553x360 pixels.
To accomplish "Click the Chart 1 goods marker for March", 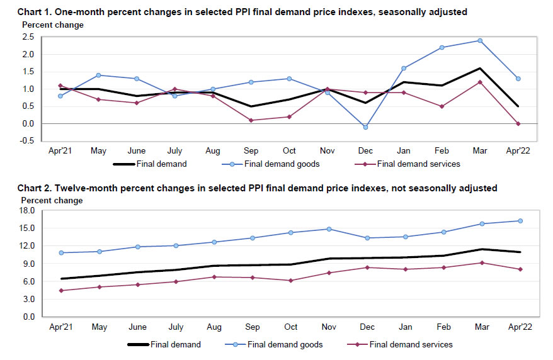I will click(x=481, y=40).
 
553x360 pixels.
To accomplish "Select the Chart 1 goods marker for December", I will click(x=365, y=127).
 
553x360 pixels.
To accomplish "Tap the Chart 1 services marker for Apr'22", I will click(x=518, y=123).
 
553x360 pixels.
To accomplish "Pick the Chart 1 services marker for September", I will click(x=251, y=120).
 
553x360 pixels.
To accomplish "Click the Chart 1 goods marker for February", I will click(x=442, y=47).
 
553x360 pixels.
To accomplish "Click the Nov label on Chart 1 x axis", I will click(x=327, y=152).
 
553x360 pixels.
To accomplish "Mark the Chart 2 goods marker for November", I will click(x=328, y=229).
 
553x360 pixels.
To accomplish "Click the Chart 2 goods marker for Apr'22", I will click(x=520, y=221).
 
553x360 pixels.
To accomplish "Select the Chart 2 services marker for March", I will click(x=481, y=262).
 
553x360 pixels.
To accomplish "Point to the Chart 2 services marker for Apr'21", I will click(x=61, y=290).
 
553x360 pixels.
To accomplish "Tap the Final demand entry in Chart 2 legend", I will click(x=176, y=345).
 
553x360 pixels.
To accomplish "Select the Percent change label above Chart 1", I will click(x=53, y=25).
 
